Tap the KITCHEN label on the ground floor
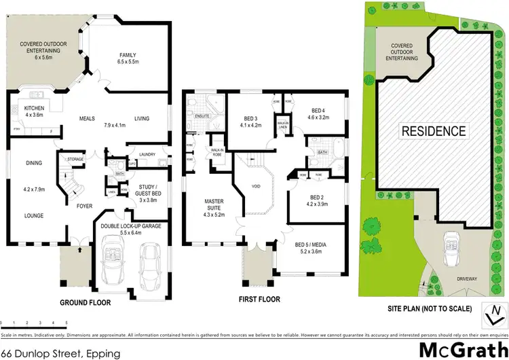click(x=34, y=109)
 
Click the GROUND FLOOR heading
click(x=85, y=303)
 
